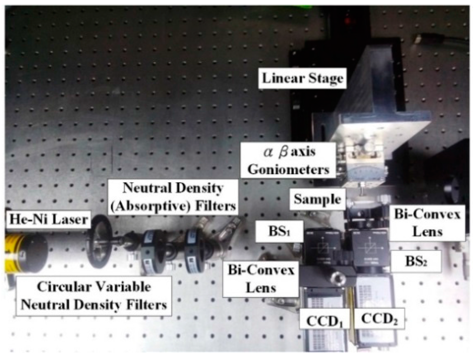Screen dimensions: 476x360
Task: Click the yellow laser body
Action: (x=12, y=254)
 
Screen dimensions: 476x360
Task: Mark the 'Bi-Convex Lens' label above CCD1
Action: (x=260, y=279)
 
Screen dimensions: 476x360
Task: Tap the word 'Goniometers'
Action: (x=289, y=169)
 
